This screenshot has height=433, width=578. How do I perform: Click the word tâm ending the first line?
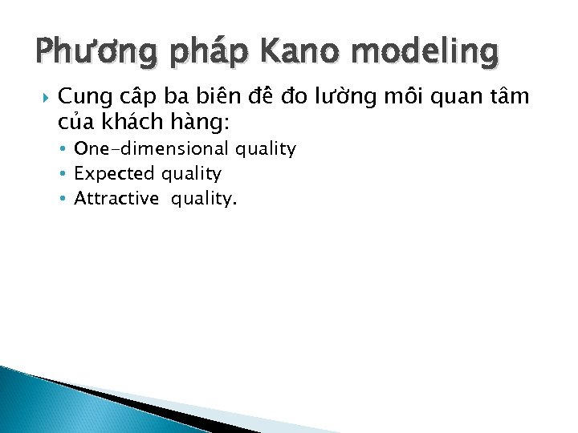(511, 97)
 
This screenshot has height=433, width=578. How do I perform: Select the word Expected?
(115, 174)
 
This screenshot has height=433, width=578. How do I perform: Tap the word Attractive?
(116, 199)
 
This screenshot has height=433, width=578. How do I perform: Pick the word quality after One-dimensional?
(265, 150)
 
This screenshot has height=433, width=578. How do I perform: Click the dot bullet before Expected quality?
(63, 174)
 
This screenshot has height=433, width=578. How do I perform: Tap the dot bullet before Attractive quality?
(63, 199)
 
